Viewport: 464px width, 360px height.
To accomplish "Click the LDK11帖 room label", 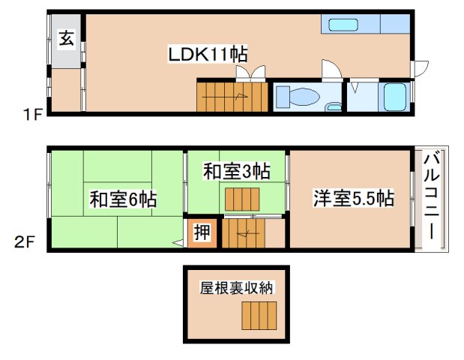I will tap(208, 54).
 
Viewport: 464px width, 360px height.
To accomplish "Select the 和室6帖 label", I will tap(123, 200).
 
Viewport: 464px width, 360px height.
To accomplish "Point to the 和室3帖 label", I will tap(236, 171).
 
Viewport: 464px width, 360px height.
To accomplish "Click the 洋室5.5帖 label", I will tap(353, 199).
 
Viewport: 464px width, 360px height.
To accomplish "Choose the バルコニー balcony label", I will tap(432, 196).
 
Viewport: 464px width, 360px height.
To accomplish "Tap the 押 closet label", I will tap(202, 233).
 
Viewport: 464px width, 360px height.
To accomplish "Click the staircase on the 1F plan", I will tap(232, 95).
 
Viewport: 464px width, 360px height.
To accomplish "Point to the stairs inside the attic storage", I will tap(259, 316).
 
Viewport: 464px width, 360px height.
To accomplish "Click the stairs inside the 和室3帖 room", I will tap(241, 200).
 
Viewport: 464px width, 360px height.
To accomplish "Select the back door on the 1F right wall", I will tap(420, 69).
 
